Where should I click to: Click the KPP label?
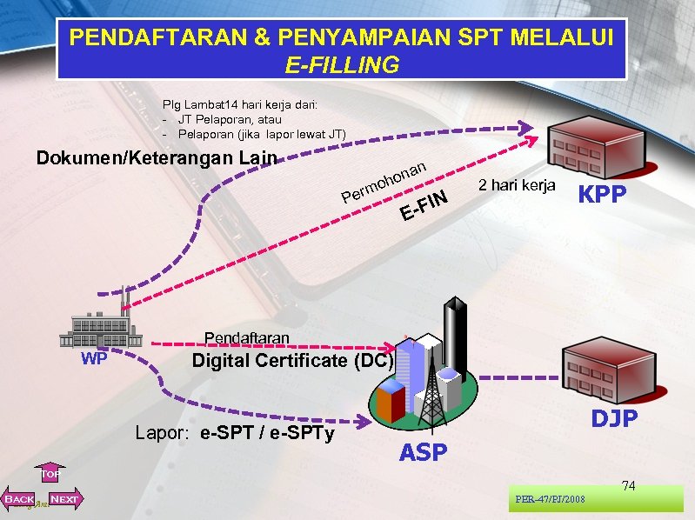coord(602,195)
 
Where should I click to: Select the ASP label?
coord(424,452)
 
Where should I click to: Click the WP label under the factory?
coord(93,358)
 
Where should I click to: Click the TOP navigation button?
coord(50,474)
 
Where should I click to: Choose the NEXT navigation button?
coord(64,499)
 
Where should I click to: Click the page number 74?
coord(628,485)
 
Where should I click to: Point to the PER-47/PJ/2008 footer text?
coord(550,499)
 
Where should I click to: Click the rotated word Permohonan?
coord(383,178)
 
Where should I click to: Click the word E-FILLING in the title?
coord(341,64)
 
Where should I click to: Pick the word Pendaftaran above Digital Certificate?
coord(246,338)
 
